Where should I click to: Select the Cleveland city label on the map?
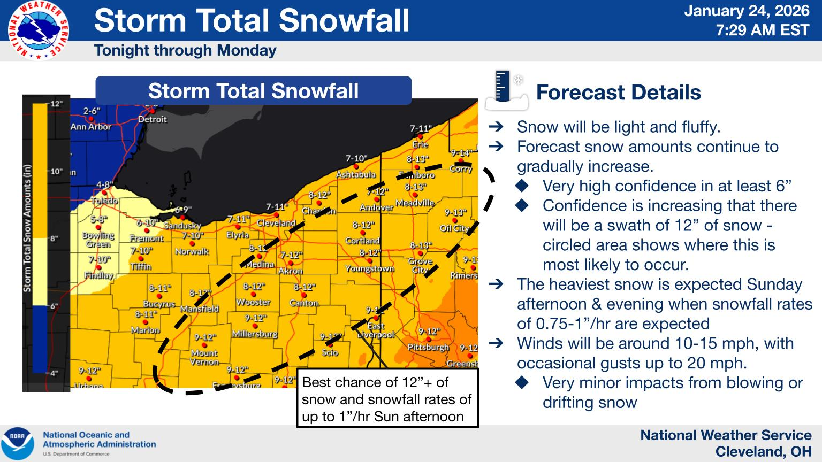pyautogui.click(x=276, y=223)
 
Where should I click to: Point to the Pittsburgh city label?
pyautogui.click(x=428, y=348)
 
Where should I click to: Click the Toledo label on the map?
pyautogui.click(x=104, y=201)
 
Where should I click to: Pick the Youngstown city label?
pyautogui.click(x=369, y=268)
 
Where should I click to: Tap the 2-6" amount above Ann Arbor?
pyautogui.click(x=92, y=111)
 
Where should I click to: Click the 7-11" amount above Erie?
pyautogui.click(x=421, y=128)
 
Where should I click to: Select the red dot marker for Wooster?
pyautogui.click(x=254, y=294)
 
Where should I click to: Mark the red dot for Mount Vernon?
pyautogui.click(x=204, y=345)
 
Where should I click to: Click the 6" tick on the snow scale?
pyautogui.click(x=54, y=306)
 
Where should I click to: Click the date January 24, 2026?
pyautogui.click(x=747, y=11)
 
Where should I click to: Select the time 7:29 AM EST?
pyautogui.click(x=763, y=30)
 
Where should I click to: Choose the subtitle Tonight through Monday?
pyautogui.click(x=185, y=51)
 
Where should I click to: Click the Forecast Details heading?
pyautogui.click(x=618, y=93)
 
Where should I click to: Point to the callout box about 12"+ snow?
pyautogui.click(x=387, y=399)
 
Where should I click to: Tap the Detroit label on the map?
pyautogui.click(x=153, y=119)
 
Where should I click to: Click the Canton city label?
pyautogui.click(x=304, y=303)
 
